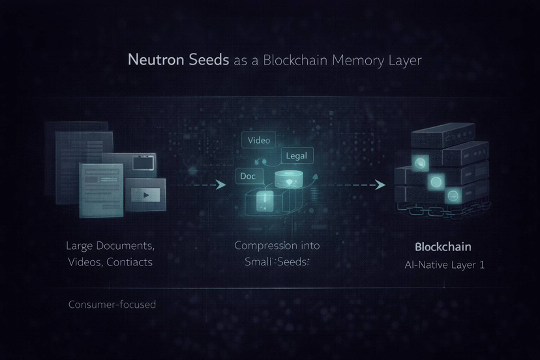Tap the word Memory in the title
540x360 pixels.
(x=357, y=61)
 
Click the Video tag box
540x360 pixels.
(x=259, y=140)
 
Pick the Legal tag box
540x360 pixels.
(x=297, y=156)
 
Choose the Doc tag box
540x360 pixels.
(x=248, y=176)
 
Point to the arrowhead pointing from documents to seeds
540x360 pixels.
(x=220, y=185)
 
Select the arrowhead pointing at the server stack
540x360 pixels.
(x=381, y=185)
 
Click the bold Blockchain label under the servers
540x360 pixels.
(x=443, y=248)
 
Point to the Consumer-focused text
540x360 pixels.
(x=112, y=305)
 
